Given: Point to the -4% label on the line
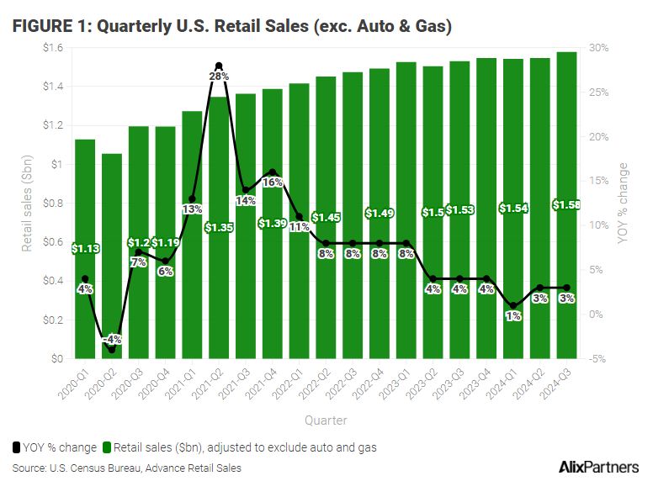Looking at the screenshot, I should click(x=112, y=340).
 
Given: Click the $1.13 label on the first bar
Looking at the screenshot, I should click(x=85, y=248).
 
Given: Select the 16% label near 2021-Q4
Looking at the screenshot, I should click(x=271, y=182).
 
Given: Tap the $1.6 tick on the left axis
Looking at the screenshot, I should click(x=52, y=48).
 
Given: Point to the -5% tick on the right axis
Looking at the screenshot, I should click(x=598, y=359).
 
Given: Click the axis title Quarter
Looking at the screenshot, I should click(x=326, y=420).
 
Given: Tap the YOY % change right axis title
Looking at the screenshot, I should click(x=623, y=203).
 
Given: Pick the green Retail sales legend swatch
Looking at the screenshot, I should click(x=106, y=447).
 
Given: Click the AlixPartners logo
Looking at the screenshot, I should click(x=598, y=468).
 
